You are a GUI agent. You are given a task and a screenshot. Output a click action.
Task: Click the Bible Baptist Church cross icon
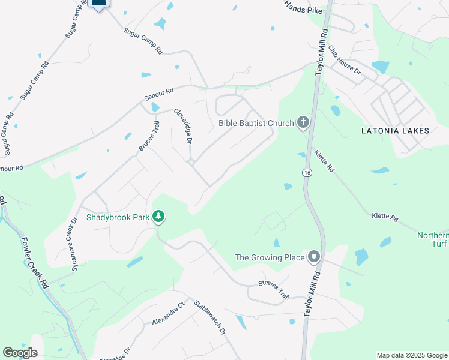point(303,123)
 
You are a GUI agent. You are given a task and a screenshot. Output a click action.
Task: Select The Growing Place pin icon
point(313,258)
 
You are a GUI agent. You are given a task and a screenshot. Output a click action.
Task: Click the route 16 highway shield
point(307,173)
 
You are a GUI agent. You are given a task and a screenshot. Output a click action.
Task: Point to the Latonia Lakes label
point(395,130)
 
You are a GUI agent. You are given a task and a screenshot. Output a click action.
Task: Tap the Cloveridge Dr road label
point(182,125)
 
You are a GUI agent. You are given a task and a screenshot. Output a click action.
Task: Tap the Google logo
point(20,353)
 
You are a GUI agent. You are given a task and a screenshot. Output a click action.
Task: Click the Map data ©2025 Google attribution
point(411,355)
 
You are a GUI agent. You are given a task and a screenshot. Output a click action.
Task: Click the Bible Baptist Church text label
point(256,123)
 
